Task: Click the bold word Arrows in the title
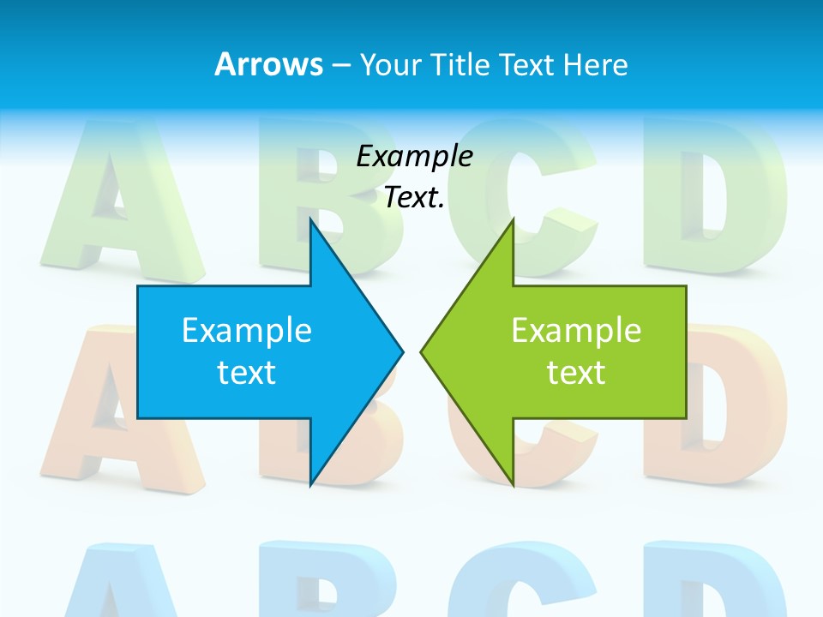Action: click(267, 64)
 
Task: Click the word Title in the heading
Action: click(460, 64)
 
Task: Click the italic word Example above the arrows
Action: click(414, 156)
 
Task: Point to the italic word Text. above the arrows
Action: click(414, 198)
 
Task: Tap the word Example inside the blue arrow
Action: click(247, 331)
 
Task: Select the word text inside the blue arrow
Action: click(247, 373)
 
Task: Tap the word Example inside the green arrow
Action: click(576, 331)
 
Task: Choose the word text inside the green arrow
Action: click(576, 373)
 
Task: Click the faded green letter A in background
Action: click(116, 206)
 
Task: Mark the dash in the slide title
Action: click(340, 65)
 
